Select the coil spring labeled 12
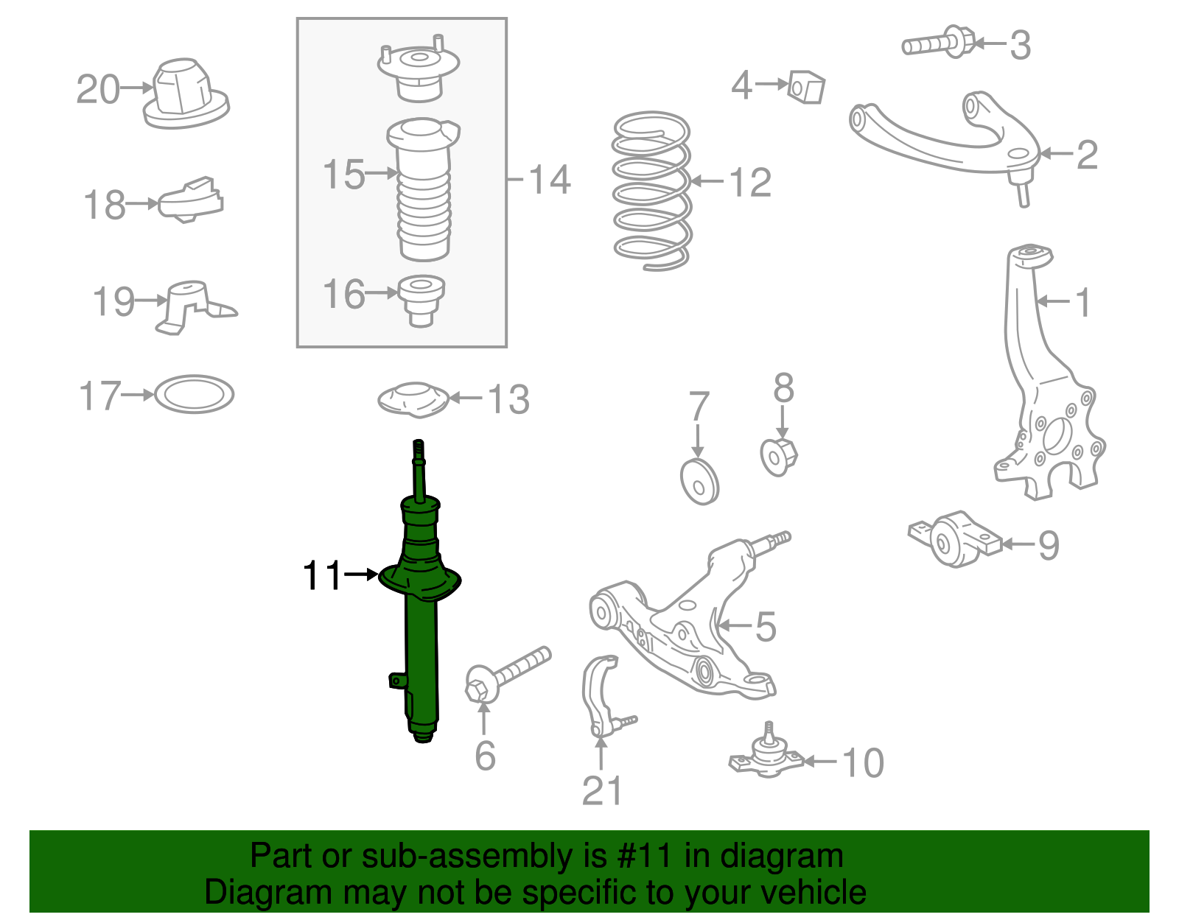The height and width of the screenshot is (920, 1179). (651, 192)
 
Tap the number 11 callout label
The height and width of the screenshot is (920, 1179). (322, 575)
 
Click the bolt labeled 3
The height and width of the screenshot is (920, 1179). (939, 43)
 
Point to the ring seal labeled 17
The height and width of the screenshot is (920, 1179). (195, 395)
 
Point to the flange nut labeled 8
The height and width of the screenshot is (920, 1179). (778, 457)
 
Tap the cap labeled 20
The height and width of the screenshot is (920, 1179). (184, 96)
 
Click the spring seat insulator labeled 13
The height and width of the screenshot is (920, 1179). (413, 400)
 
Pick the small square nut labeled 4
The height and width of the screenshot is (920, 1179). (806, 88)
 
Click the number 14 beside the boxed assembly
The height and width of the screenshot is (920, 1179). (550, 180)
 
